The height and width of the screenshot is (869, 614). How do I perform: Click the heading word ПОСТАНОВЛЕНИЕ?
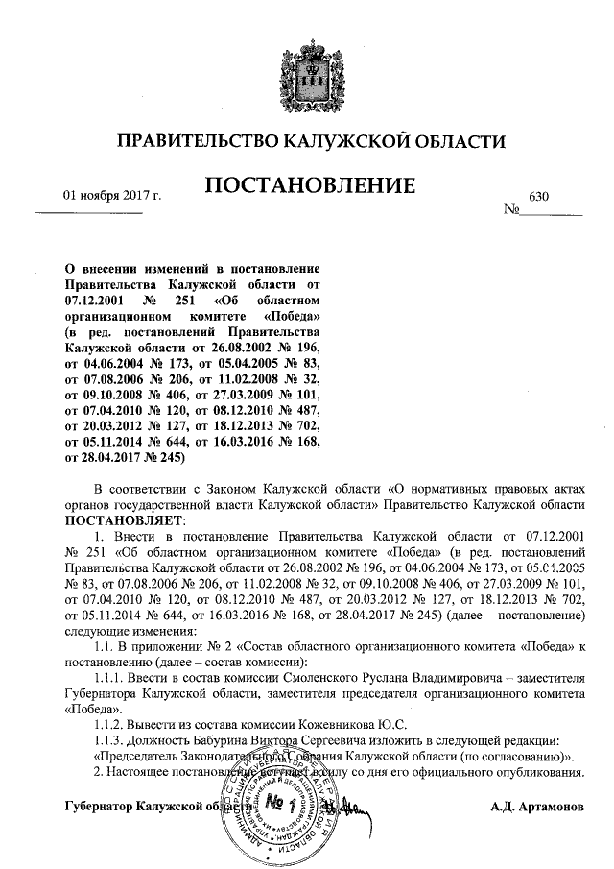(x=309, y=184)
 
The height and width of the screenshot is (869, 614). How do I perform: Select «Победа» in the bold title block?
(x=289, y=315)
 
